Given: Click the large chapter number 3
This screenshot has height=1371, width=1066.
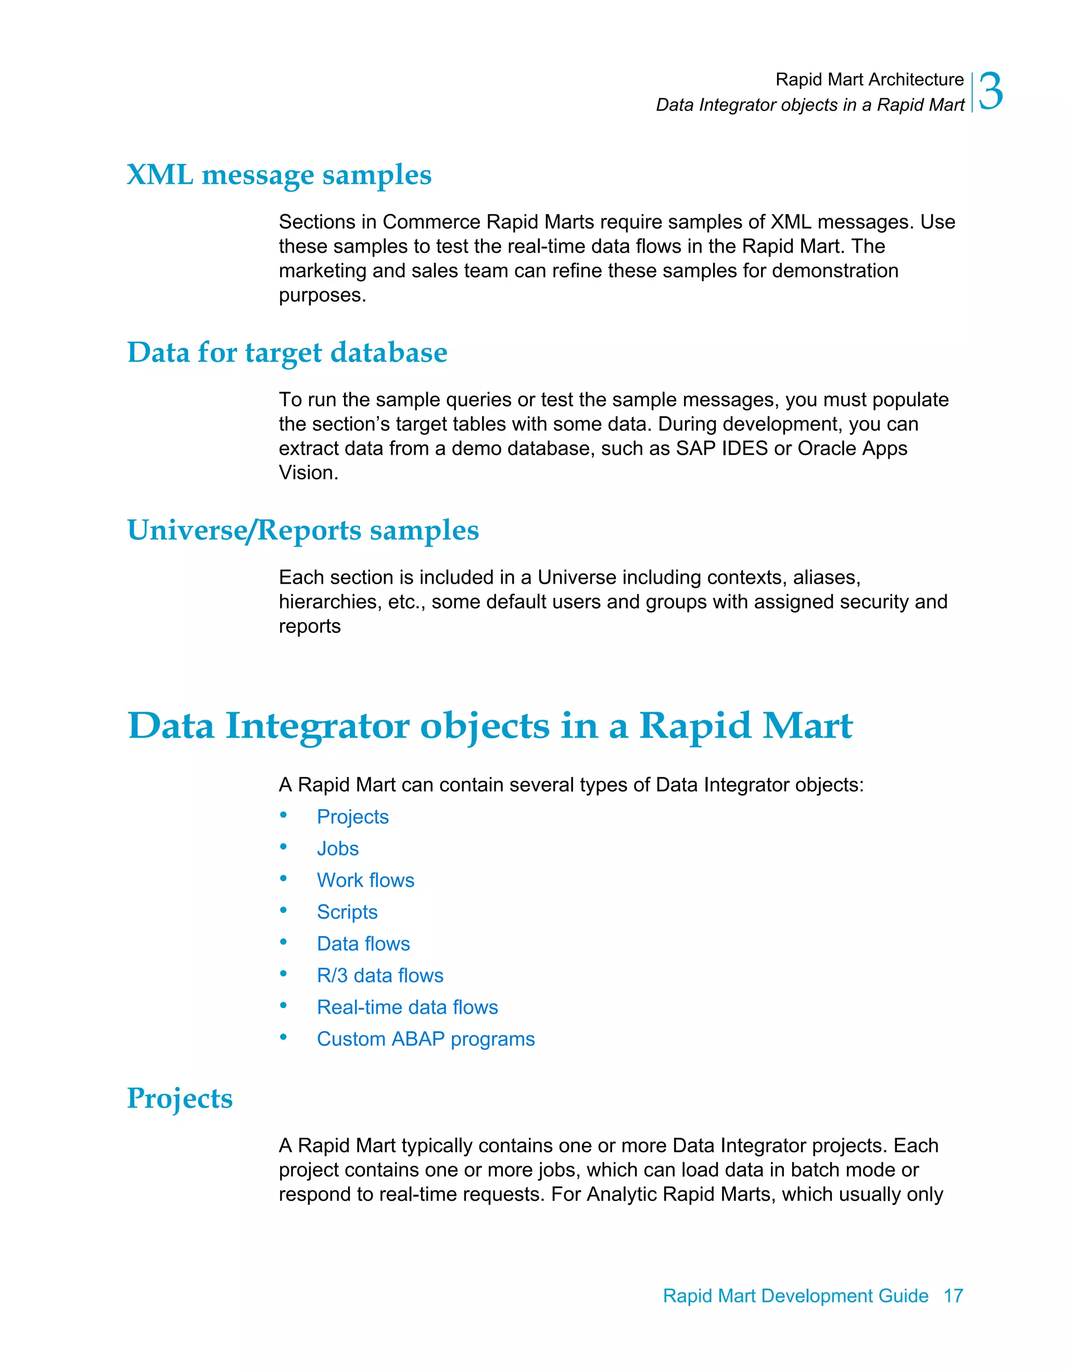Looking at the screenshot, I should pos(991,92).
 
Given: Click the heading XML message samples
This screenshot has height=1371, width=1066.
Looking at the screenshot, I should pos(279,175).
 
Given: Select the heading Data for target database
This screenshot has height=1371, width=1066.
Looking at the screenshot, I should pos(287,353).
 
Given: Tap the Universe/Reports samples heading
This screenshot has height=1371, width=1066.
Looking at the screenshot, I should pos(303,531).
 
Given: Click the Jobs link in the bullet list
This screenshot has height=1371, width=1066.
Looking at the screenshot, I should pos(338,849).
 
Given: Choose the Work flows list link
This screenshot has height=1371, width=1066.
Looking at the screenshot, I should pos(365,880).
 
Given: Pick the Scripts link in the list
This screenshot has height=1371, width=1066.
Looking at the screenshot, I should pos(347,912).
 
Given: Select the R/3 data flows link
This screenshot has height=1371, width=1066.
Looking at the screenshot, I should pos(379,975).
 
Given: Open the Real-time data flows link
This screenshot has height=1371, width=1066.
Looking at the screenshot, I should pos(407,1007).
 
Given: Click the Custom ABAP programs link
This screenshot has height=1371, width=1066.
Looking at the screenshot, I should pos(425,1039).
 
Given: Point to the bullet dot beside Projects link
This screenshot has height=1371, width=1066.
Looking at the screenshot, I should pos(284,815).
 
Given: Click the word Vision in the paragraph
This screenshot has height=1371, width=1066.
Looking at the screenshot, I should pos(308,473).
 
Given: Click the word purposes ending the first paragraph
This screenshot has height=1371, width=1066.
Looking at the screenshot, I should pos(322,295).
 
